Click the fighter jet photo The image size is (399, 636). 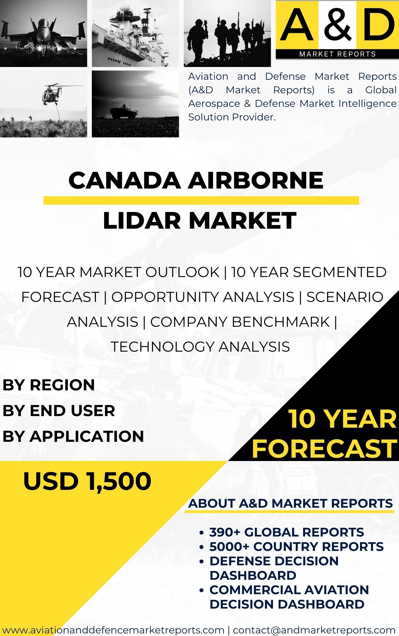43,33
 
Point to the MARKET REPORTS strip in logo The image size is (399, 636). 337,54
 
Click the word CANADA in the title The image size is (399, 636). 125,180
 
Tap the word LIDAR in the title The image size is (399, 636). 141,220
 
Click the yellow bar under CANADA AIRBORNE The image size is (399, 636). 201,200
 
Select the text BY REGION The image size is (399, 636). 49,385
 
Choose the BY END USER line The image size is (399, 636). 59,410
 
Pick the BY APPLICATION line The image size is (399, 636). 73,436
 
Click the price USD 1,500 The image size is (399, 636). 87,481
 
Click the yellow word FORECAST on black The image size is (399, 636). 324,449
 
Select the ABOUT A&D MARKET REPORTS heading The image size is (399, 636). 290,503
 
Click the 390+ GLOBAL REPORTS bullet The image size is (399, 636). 286,532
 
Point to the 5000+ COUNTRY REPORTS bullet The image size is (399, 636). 296,546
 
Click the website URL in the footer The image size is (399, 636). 113,630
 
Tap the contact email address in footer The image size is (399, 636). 314,630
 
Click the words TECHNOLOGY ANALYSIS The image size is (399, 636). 200,347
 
